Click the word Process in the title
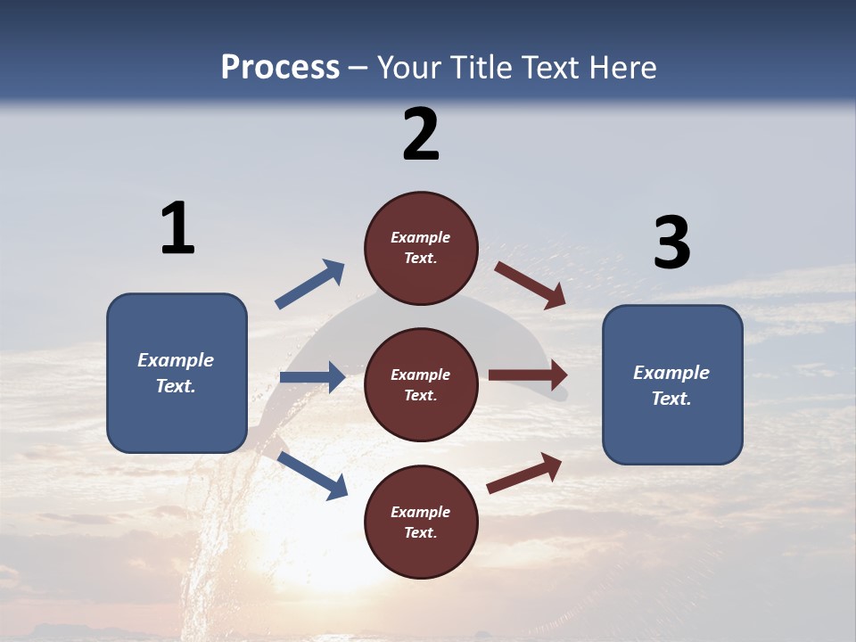[280, 68]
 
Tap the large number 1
[177, 228]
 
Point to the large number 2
[421, 135]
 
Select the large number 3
[671, 243]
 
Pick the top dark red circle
[421, 248]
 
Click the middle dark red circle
[421, 384]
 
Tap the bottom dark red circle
[421, 523]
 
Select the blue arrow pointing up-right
[309, 284]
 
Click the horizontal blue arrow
[312, 377]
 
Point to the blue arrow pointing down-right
[312, 474]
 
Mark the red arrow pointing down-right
[530, 284]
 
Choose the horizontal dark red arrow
[528, 375]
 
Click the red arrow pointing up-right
[524, 473]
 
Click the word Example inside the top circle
[421, 237]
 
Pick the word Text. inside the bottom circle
[421, 532]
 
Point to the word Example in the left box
[176, 360]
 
